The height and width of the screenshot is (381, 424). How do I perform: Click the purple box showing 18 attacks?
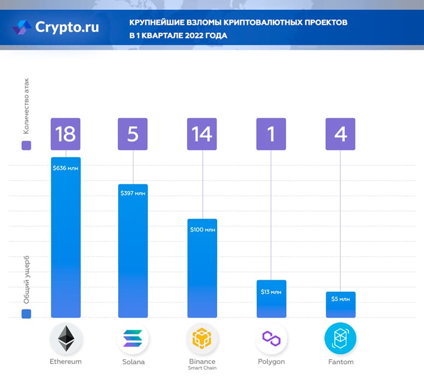(66, 134)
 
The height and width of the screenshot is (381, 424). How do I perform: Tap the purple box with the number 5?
(133, 134)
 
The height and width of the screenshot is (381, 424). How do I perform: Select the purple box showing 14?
(202, 134)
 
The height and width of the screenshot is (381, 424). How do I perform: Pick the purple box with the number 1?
(271, 134)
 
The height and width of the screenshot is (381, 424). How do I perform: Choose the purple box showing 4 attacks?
(340, 134)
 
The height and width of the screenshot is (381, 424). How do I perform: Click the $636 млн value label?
(66, 168)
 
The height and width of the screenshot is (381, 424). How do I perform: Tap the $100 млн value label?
(202, 229)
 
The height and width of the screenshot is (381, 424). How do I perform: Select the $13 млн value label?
(271, 292)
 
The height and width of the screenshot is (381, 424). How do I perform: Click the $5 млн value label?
(340, 299)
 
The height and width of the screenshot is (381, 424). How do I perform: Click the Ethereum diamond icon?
(66, 339)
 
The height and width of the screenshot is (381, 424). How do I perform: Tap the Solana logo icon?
(133, 339)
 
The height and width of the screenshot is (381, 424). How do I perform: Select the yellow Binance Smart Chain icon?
(202, 339)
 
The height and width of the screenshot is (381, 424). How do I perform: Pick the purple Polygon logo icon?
(271, 339)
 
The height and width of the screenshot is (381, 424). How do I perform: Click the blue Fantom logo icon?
(340, 339)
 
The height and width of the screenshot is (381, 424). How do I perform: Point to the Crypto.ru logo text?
(67, 26)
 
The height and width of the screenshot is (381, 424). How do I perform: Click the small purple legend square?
(26, 146)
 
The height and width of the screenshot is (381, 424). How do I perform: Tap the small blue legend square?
(26, 313)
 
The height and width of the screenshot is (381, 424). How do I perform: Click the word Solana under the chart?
(133, 362)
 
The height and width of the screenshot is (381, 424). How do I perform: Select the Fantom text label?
(340, 362)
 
